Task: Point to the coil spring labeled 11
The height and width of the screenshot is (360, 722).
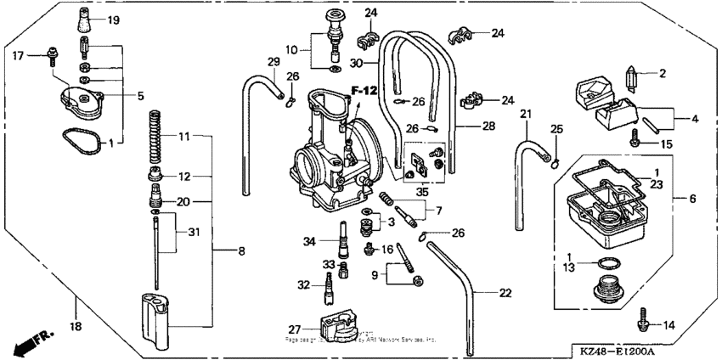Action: (155, 136)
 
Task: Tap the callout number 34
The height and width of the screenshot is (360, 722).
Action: (307, 242)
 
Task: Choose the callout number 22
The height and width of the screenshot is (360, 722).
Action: (505, 293)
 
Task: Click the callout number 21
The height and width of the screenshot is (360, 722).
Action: (526, 114)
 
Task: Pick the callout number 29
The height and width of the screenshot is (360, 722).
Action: (273, 62)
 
